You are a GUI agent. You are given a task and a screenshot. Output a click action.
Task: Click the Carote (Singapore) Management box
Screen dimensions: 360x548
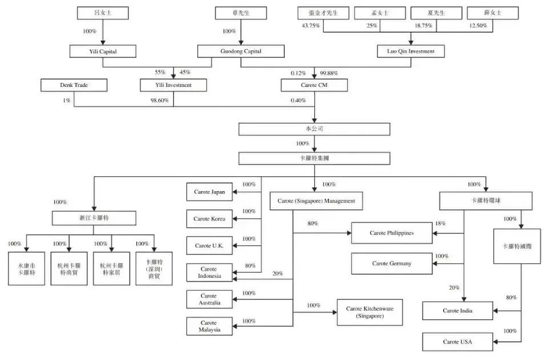tap(317, 201)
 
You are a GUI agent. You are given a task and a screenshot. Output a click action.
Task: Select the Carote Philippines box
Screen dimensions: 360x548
tap(391, 233)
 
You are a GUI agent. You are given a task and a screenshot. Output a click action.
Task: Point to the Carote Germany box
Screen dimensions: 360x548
tap(391, 265)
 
